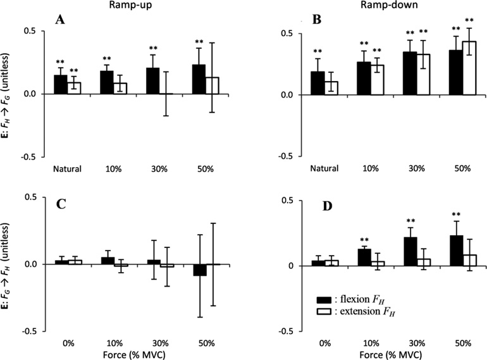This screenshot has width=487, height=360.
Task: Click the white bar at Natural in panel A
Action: point(75,88)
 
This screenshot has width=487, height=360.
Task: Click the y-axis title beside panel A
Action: point(8,94)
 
